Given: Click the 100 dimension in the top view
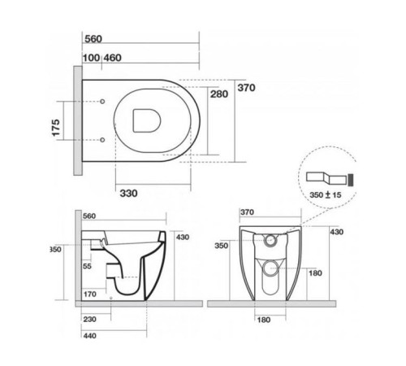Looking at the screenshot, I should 90,59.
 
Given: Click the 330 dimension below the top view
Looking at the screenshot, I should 127,193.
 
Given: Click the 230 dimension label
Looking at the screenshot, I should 91,320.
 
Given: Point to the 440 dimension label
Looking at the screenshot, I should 91,336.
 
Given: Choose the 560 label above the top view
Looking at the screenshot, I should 94,37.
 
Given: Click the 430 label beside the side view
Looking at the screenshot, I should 183,237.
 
